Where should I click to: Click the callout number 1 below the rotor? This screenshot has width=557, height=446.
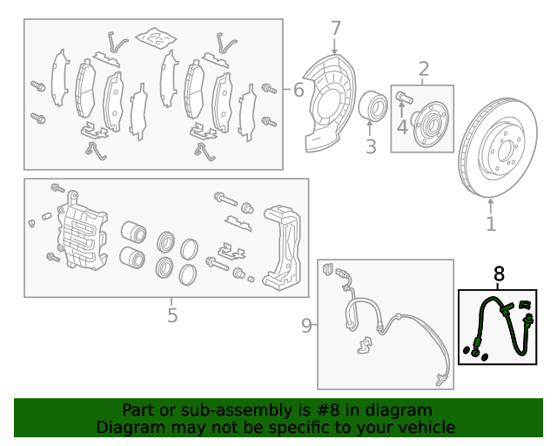(491, 224)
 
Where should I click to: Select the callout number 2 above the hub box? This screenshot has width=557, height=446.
(424, 69)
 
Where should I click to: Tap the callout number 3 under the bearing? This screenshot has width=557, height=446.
(371, 146)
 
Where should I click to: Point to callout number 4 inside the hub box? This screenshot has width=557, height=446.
(402, 127)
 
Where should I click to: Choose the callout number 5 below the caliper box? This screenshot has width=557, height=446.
(172, 315)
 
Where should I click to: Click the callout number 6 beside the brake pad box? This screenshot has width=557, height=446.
(299, 89)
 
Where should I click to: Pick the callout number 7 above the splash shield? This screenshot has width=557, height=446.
(336, 29)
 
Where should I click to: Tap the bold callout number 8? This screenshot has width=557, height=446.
(499, 274)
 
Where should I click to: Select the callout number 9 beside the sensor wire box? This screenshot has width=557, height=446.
(306, 326)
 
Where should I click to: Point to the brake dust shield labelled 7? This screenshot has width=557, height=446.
(329, 103)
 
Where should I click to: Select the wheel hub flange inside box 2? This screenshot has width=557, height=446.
(429, 124)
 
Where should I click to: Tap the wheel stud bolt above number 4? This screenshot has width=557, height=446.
(404, 97)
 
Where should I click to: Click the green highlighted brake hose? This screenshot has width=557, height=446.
(500, 327)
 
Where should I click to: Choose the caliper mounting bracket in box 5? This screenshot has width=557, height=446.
(282, 247)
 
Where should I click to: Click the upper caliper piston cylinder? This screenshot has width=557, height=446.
(133, 232)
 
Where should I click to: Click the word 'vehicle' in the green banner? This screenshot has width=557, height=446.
(428, 427)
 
